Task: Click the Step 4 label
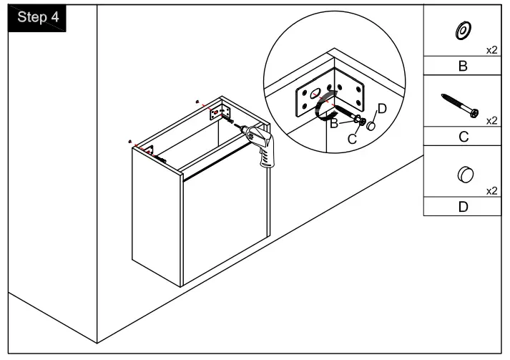[36, 18]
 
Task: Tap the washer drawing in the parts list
[462, 31]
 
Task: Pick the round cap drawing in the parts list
[464, 175]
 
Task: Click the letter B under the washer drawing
[462, 67]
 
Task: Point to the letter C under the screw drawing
[462, 136]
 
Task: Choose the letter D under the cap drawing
[462, 207]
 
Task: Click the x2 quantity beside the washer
[491, 50]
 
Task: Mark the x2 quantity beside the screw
[491, 120]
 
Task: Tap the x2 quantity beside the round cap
[491, 190]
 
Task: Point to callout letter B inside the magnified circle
[333, 123]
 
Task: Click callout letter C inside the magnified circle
[352, 139]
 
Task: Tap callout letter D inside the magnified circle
[381, 108]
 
